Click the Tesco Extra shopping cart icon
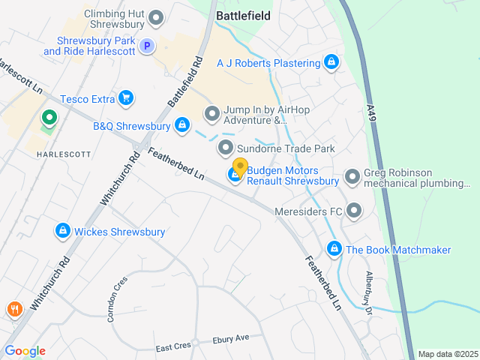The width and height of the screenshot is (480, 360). [x=126, y=98]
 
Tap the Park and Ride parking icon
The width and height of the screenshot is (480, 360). [x=148, y=46]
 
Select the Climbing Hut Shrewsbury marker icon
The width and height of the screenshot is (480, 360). [x=157, y=17]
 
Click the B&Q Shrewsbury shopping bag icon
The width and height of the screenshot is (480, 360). [x=181, y=126]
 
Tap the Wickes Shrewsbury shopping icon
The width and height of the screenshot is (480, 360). [x=63, y=232]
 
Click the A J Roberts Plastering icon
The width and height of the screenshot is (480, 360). [x=331, y=63]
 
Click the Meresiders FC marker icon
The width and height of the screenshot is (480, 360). [x=354, y=211]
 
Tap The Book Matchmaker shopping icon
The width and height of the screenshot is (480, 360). [x=334, y=249]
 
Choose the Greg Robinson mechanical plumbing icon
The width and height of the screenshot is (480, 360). [x=352, y=178]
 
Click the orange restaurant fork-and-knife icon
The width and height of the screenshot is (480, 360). [x=13, y=309]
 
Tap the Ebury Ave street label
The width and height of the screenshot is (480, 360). [x=230, y=339]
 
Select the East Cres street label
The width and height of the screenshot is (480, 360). [x=174, y=347]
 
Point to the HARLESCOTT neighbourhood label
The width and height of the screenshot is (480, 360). [x=64, y=154]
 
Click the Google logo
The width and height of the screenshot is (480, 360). [x=25, y=351]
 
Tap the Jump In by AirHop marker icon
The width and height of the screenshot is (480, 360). [x=212, y=114]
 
